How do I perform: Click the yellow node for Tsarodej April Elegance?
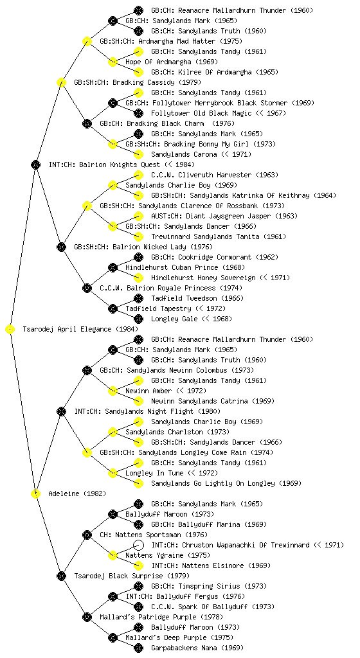click(x=10, y=330)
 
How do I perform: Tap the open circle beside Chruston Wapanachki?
click(x=138, y=545)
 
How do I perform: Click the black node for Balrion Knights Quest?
click(x=35, y=164)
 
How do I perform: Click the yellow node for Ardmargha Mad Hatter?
click(x=87, y=41)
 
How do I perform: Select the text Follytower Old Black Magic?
click(x=201, y=113)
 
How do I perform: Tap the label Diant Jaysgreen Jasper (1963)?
click(x=224, y=216)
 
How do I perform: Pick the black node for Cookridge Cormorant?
click(x=138, y=257)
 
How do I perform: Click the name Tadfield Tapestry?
click(x=158, y=309)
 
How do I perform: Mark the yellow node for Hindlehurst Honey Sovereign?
click(x=138, y=278)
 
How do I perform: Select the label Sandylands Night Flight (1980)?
click(x=147, y=411)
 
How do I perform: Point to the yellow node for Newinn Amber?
click(x=113, y=391)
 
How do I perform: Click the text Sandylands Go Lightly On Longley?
click(x=213, y=483)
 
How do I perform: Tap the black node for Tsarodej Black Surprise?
click(x=61, y=576)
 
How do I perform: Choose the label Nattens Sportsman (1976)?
click(x=154, y=535)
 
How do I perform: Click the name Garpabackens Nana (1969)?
click(x=197, y=648)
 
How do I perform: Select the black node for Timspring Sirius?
click(x=138, y=586)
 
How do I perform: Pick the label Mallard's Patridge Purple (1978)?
click(x=161, y=617)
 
